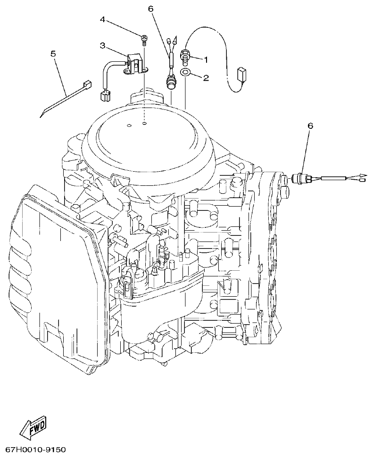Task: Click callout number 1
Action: pos(206,59)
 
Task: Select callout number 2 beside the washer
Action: pos(206,77)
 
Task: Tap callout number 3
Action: pos(102,45)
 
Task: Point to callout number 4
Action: pos(102,20)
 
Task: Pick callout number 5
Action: pos(53,54)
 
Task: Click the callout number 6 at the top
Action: pos(151,9)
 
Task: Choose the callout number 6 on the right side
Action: pos(310,126)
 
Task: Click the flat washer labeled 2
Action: pos(185,73)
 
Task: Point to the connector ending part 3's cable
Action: pos(105,96)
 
